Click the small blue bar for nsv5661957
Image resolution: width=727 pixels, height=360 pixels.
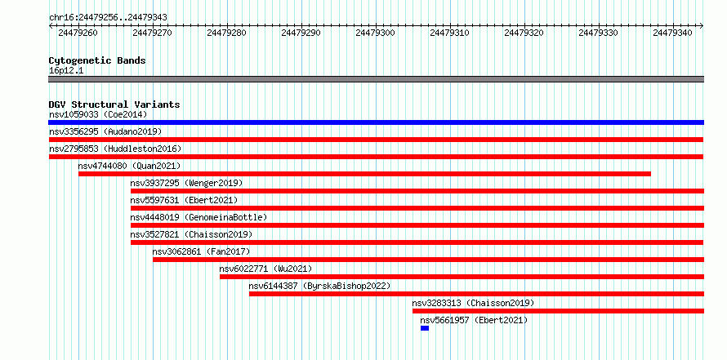point(425,328)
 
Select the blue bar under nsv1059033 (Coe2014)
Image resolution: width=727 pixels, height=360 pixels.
point(376,122)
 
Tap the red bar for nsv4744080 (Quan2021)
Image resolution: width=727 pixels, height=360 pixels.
point(364,174)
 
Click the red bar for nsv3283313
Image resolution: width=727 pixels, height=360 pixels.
point(558,311)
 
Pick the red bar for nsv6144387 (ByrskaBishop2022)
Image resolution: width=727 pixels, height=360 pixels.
point(476,294)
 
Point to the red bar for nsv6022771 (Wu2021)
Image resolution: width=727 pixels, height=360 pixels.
point(462,277)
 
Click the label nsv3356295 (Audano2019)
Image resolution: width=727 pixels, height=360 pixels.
point(105,131)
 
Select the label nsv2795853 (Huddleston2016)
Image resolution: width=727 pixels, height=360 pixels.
point(115,149)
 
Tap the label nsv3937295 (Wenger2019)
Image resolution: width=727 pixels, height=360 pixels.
point(186,183)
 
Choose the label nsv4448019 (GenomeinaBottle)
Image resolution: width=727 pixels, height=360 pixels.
point(199,217)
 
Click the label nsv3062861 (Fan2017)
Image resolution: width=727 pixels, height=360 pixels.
point(201,251)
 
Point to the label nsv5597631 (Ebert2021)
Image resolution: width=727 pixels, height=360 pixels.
point(184,200)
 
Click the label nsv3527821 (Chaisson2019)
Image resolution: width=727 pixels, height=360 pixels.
point(191,234)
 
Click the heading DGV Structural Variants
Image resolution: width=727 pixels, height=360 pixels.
point(114,104)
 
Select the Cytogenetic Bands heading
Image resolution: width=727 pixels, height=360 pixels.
point(97,60)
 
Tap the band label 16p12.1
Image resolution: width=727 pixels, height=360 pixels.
point(66,71)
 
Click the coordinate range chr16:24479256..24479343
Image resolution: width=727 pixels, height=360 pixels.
point(109,18)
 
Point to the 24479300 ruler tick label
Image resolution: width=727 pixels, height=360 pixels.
point(375,33)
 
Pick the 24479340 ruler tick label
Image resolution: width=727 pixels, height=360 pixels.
point(672,33)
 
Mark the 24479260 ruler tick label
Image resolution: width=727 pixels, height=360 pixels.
point(78,33)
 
